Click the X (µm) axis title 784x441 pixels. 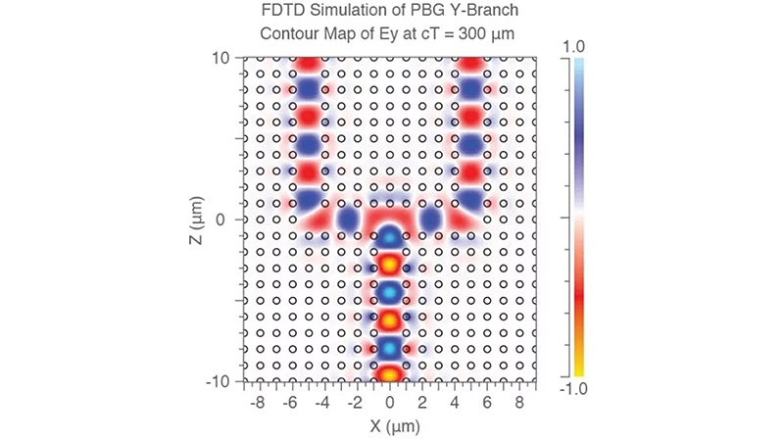(395, 426)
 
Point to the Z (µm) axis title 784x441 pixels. (197, 220)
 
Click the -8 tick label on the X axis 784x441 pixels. (257, 403)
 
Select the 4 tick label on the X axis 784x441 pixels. (455, 403)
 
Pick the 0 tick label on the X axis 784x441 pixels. (389, 403)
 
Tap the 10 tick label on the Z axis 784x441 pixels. (220, 58)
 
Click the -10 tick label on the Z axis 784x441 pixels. (218, 381)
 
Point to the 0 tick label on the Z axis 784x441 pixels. (220, 220)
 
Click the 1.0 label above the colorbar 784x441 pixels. (573, 47)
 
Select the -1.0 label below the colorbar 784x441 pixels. (573, 388)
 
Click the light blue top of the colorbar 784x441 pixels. (578, 64)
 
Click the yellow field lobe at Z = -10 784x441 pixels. (389, 374)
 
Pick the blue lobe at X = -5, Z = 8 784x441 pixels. (308, 89)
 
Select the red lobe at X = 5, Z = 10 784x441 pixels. (470, 64)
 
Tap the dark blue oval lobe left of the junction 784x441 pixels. (348, 219)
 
